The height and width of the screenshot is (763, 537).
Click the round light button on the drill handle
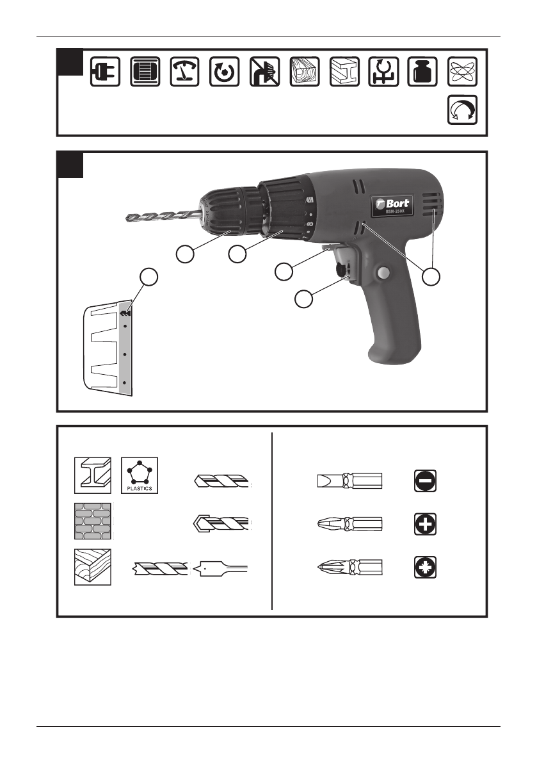pos(383,274)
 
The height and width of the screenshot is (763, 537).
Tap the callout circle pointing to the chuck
pos(185,254)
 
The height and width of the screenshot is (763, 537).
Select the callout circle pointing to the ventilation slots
pos(433,276)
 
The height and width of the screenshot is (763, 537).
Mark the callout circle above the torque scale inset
pos(148,277)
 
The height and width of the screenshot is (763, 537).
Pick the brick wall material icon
pos(93,521)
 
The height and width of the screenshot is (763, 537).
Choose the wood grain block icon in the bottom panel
pos(93,567)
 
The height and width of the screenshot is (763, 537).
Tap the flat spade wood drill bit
pos(223,568)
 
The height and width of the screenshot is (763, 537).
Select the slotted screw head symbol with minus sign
pos(423,480)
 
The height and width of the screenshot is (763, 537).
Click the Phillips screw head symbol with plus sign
pos(423,524)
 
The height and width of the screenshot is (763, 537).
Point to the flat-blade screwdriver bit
pos(349,480)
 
